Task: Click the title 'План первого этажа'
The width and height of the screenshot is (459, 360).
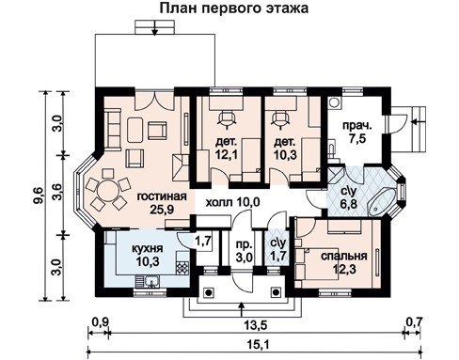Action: (234, 8)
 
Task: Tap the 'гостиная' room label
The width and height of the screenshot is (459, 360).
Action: (162, 196)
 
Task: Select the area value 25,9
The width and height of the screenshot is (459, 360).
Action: (162, 210)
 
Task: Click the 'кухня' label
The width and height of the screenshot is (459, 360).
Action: (148, 249)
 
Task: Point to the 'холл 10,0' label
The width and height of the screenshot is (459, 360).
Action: (232, 202)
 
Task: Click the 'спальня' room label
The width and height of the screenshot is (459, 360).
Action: (344, 256)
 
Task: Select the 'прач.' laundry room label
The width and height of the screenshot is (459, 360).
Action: (356, 126)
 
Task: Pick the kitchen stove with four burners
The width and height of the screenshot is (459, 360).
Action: (182, 268)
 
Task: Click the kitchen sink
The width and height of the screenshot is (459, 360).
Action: (152, 282)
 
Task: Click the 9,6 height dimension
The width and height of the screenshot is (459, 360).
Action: (40, 196)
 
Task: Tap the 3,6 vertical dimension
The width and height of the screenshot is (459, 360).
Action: (57, 195)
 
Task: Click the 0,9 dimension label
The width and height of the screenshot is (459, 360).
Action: (101, 321)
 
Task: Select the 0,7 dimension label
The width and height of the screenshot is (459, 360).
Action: (415, 321)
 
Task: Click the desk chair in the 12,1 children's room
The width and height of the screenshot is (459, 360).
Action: (227, 118)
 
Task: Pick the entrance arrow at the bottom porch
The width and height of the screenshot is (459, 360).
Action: (241, 309)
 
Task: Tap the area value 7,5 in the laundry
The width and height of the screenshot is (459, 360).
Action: (356, 138)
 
